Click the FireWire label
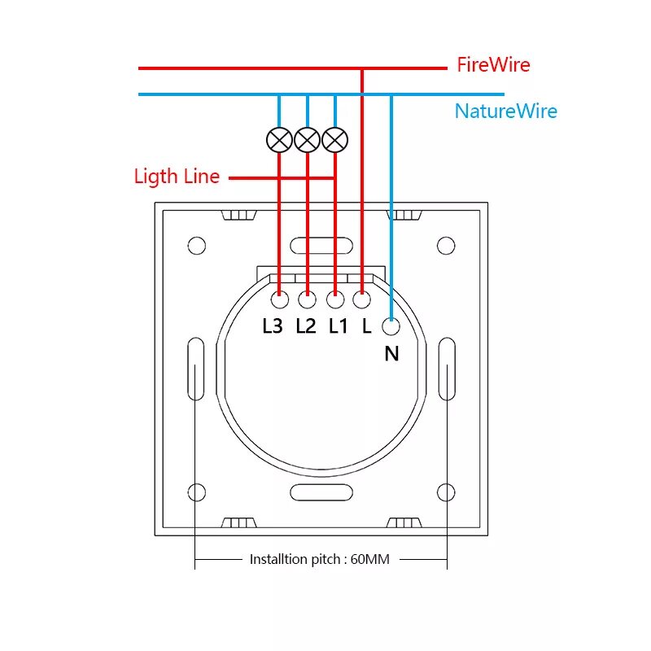[x=493, y=65]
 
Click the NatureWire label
[x=506, y=111]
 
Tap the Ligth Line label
[x=177, y=177]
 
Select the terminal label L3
[x=273, y=326]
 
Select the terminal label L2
[x=306, y=326]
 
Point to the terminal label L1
[x=339, y=326]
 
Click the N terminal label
[x=392, y=353]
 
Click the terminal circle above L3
[x=279, y=300]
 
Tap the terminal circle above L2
[x=307, y=300]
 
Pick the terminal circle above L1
[x=334, y=300]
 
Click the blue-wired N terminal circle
[x=391, y=328]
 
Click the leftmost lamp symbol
[x=279, y=140]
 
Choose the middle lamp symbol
[x=307, y=140]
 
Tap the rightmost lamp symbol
[x=334, y=140]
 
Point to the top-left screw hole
[x=196, y=245]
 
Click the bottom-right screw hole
[x=445, y=492]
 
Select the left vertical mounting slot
[x=195, y=369]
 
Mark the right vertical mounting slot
[x=446, y=369]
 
